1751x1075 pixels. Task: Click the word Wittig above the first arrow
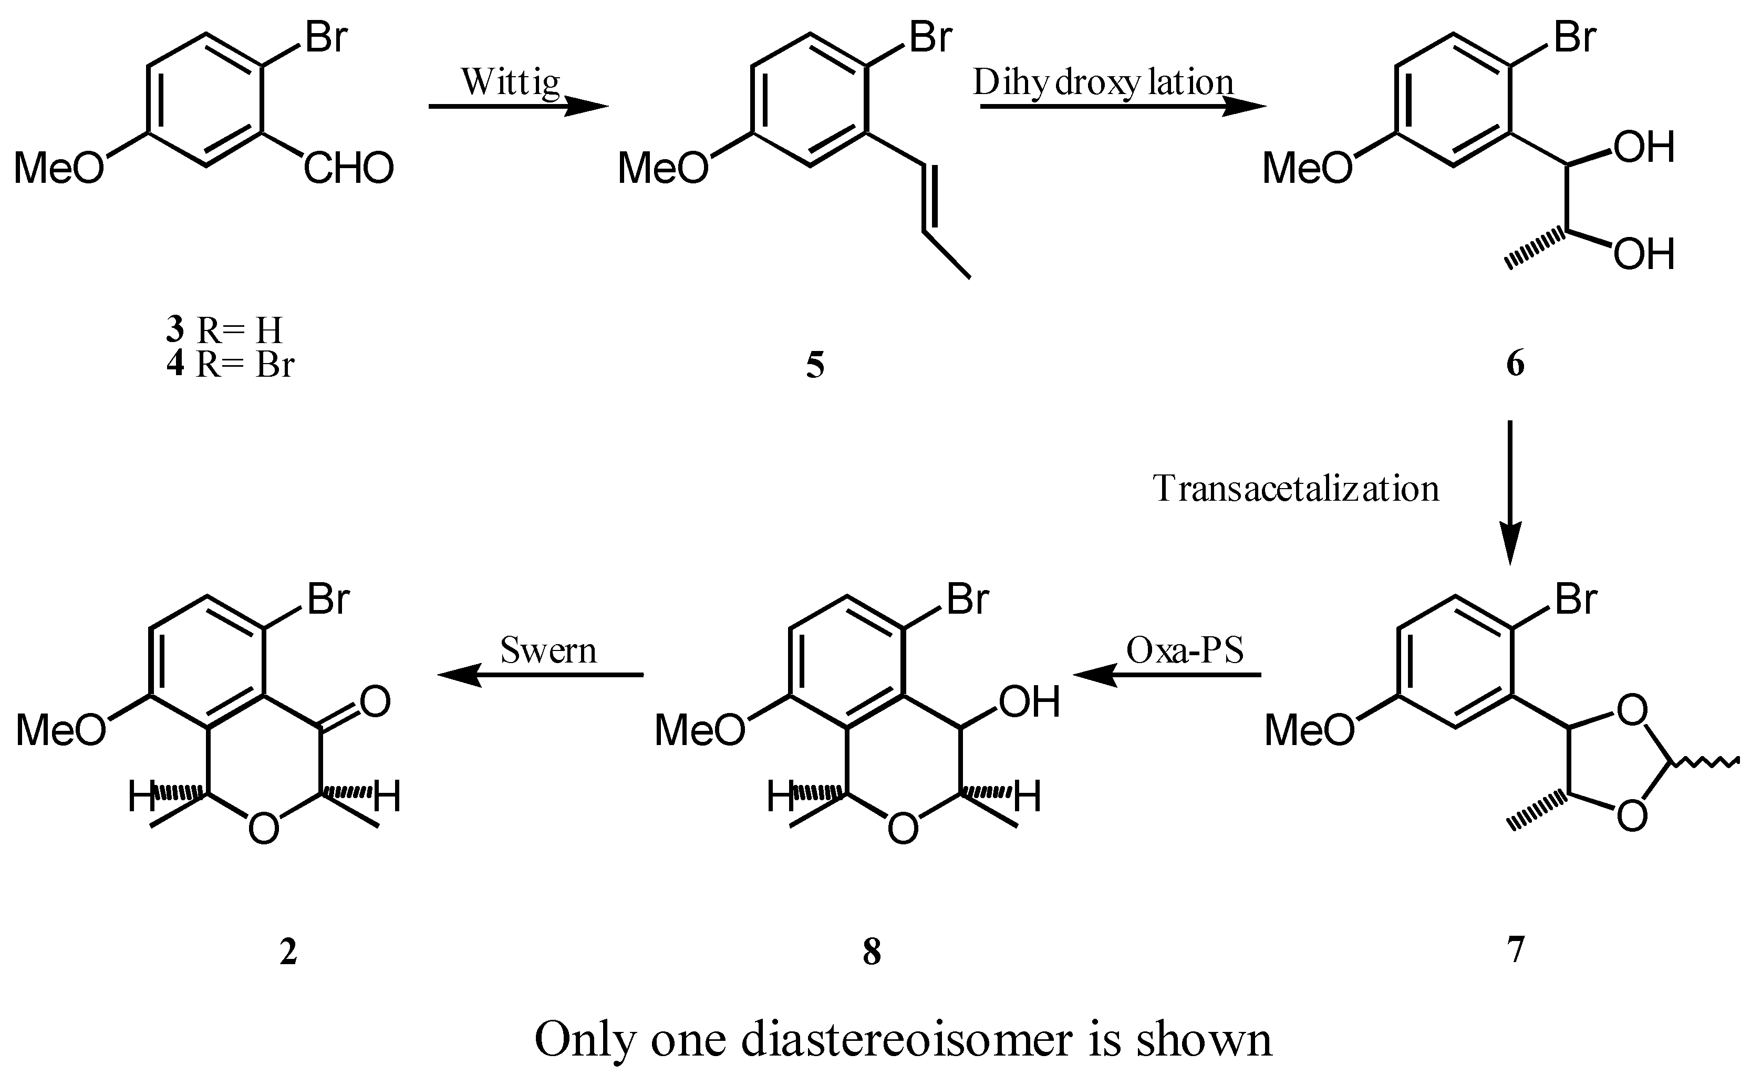pos(511,82)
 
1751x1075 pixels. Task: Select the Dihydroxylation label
pos(1103,82)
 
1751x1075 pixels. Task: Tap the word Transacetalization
pos(1296,489)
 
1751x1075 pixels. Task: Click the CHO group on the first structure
pos(349,169)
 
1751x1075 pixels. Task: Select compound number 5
pos(815,365)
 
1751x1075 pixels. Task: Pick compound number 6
pos(1515,365)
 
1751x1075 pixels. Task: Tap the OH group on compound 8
pos(1029,702)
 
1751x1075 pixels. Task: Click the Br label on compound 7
pos(1576,599)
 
